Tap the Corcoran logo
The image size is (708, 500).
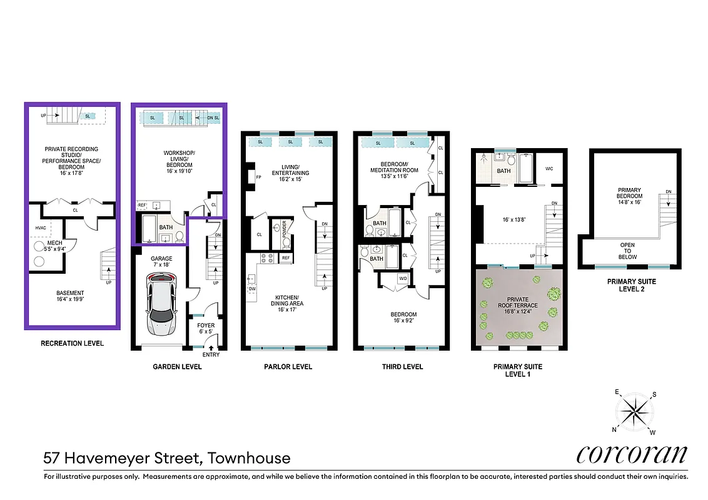[x=631, y=454]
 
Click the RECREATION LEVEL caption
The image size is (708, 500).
[x=72, y=343]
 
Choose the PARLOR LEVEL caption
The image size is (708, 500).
[x=288, y=367]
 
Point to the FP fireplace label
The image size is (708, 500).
[x=258, y=177]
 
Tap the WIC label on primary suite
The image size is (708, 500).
[x=550, y=168]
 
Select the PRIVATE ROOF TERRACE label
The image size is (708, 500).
[x=518, y=302]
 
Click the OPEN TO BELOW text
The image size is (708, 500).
[x=627, y=251]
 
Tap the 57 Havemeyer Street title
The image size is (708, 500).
[x=167, y=458]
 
